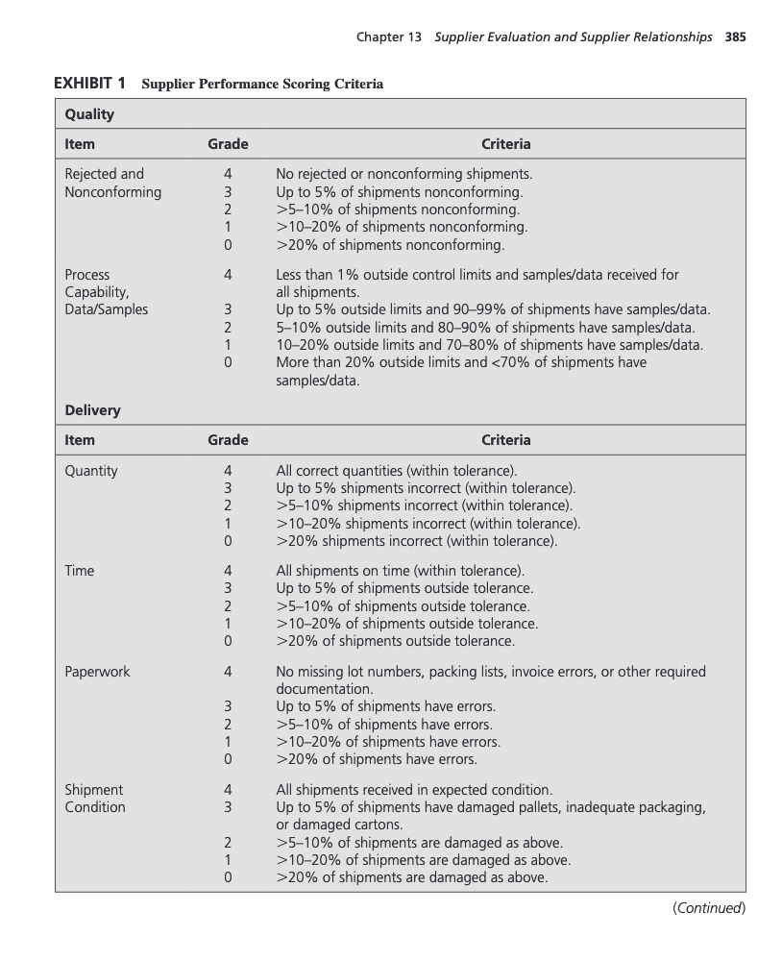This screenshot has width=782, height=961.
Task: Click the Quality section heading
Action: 89,114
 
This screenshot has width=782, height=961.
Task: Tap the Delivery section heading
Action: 92,410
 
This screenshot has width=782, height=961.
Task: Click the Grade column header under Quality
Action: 228,144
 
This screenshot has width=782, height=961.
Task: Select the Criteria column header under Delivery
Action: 505,440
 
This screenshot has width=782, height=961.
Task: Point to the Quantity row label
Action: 91,471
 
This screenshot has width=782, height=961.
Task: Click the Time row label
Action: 79,571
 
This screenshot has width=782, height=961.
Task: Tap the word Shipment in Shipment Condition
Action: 94,790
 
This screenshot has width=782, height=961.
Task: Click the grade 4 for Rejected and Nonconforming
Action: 228,174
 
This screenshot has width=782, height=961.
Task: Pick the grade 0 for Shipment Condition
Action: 228,877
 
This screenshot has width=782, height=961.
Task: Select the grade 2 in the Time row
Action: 228,606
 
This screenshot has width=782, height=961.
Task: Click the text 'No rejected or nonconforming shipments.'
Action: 403,174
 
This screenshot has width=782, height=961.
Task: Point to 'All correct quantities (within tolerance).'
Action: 397,471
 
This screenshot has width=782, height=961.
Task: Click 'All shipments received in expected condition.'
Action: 414,790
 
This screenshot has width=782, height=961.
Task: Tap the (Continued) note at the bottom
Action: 709,908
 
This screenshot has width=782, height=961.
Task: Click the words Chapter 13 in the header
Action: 391,37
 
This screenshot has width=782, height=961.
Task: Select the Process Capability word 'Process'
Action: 87,275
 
